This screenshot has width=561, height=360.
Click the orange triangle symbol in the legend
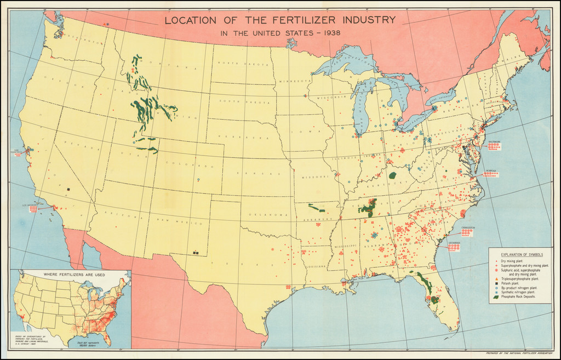(x=496, y=279)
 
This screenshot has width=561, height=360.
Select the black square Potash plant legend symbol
(x=496, y=283)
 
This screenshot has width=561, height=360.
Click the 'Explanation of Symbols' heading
(x=520, y=255)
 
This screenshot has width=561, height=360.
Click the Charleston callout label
(x=467, y=227)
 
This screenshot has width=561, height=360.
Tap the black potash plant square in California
(x=68, y=190)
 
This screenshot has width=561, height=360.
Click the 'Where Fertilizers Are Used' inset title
(x=71, y=274)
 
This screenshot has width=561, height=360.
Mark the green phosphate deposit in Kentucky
(x=392, y=176)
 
